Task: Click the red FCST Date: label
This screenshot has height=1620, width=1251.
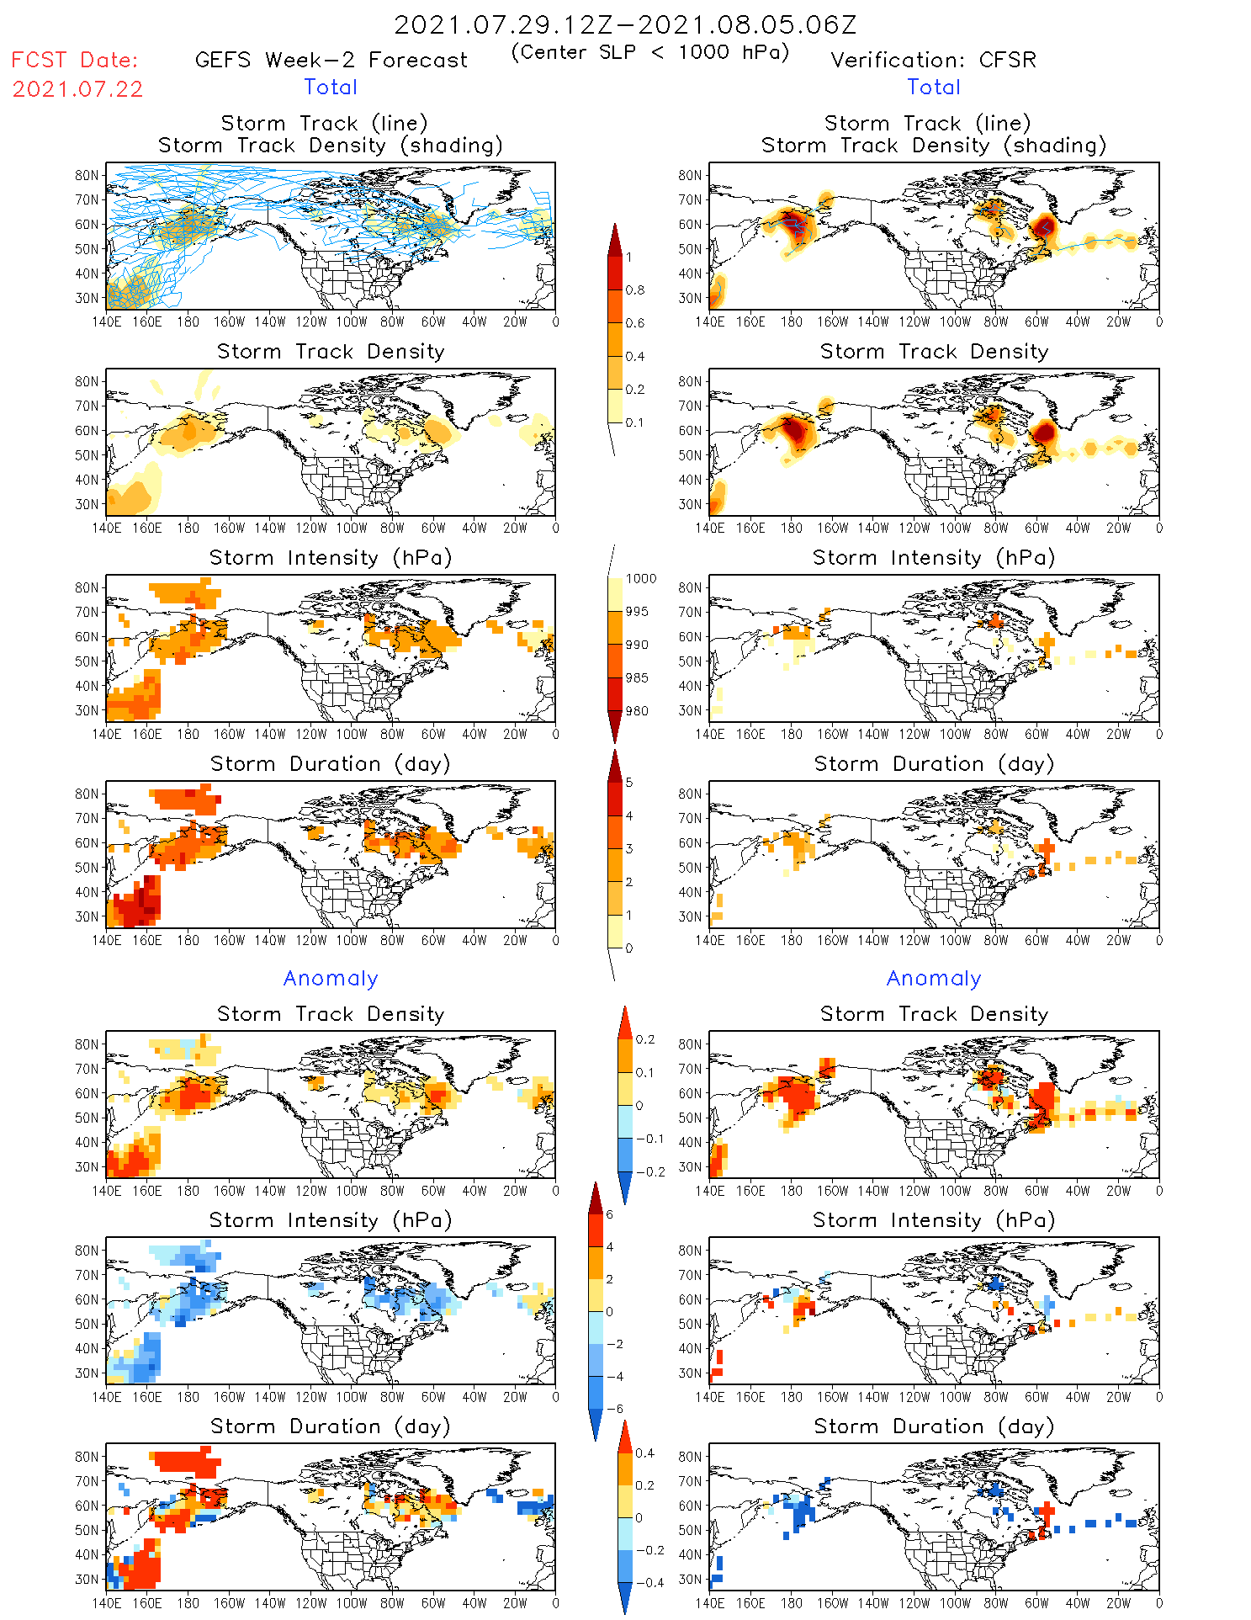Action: (74, 60)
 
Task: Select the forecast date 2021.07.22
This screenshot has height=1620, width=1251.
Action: (77, 89)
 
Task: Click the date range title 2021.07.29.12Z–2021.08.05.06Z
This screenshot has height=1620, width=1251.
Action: (625, 24)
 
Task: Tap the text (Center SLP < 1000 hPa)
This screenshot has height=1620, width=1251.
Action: (650, 52)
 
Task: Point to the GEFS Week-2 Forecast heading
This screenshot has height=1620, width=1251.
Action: (331, 60)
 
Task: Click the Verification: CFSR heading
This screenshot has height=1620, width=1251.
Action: (933, 60)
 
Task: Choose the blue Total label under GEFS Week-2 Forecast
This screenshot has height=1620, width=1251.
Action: (331, 88)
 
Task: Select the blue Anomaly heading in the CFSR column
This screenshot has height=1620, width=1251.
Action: (934, 979)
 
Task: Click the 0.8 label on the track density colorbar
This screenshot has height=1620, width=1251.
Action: (635, 290)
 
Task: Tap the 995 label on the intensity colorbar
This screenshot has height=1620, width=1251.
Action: (637, 612)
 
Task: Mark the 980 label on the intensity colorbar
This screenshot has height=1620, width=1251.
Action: (637, 711)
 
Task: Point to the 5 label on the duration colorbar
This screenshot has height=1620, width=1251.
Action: (629, 783)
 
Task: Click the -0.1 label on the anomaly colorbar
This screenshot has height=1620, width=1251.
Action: (649, 1139)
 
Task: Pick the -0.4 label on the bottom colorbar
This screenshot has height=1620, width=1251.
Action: (649, 1582)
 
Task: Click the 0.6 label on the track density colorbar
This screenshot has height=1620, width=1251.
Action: (635, 323)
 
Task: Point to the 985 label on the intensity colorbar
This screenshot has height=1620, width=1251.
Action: (637, 678)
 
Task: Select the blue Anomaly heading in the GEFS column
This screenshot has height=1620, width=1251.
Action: (331, 979)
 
